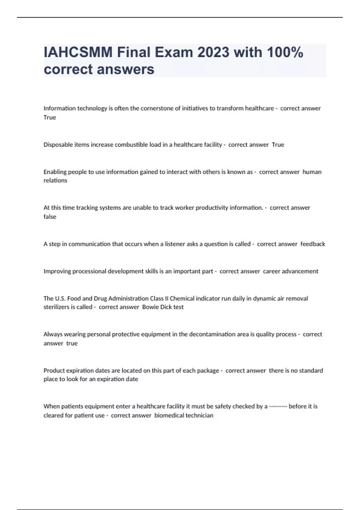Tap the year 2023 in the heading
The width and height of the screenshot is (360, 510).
pos(213,52)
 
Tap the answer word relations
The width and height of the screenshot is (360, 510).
pos(55,180)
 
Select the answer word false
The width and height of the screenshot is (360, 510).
pos(50,217)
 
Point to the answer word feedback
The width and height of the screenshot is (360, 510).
pos(313,244)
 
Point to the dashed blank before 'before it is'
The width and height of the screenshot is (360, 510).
pos(278,406)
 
